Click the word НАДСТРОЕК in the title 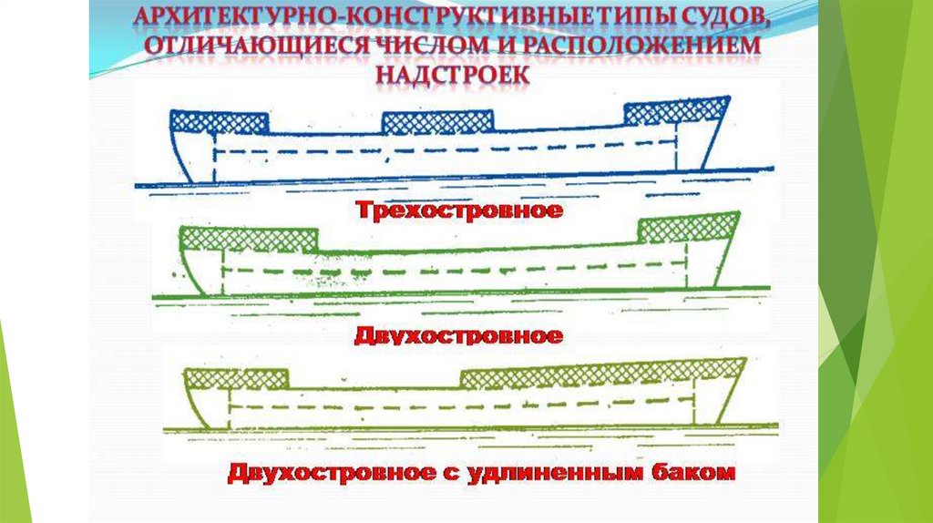click(x=452, y=72)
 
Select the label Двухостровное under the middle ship click(x=457, y=335)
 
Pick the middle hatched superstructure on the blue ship click(x=437, y=122)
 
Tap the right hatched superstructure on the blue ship click(x=675, y=111)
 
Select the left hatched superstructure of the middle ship click(x=248, y=240)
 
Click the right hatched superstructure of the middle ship click(x=688, y=226)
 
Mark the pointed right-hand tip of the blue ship click(x=729, y=97)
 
